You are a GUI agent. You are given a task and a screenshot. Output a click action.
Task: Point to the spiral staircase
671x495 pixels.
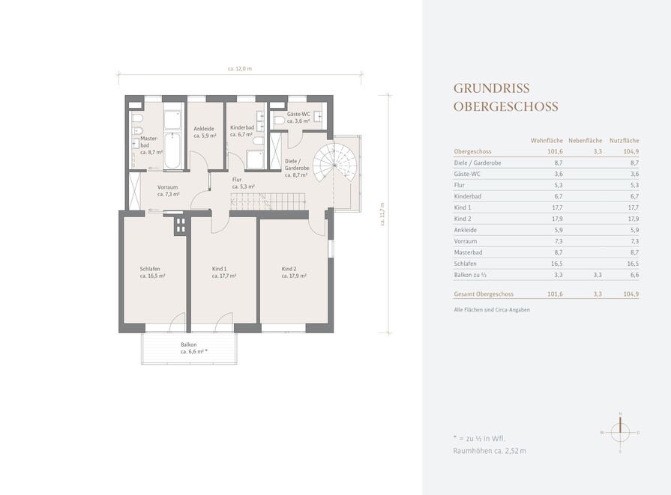point(334,164)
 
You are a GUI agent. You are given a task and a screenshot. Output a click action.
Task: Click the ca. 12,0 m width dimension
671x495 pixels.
point(240,68)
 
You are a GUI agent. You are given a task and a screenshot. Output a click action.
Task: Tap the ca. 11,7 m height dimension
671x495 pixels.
point(382,214)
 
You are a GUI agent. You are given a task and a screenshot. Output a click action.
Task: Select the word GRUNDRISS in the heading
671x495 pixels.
point(492,88)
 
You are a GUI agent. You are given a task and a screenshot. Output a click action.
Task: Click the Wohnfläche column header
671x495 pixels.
point(547,141)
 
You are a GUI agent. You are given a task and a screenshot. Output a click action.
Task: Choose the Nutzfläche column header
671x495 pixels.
point(624,141)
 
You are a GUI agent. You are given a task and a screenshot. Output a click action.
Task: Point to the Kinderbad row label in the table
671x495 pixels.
point(467,196)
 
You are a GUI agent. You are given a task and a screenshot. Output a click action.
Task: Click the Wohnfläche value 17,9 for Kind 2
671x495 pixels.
point(557,219)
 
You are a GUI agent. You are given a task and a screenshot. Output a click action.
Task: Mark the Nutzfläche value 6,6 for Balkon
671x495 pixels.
point(634,275)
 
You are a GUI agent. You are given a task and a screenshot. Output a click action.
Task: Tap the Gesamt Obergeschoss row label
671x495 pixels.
point(484,294)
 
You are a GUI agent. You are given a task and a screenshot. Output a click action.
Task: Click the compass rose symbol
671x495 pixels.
point(620,432)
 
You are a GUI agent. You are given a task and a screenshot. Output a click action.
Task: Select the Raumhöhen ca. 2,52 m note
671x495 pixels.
point(490,451)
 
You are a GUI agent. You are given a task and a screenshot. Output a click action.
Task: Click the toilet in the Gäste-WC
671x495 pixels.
point(279,120)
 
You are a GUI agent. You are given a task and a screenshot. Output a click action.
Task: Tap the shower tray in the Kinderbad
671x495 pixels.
point(256,160)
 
